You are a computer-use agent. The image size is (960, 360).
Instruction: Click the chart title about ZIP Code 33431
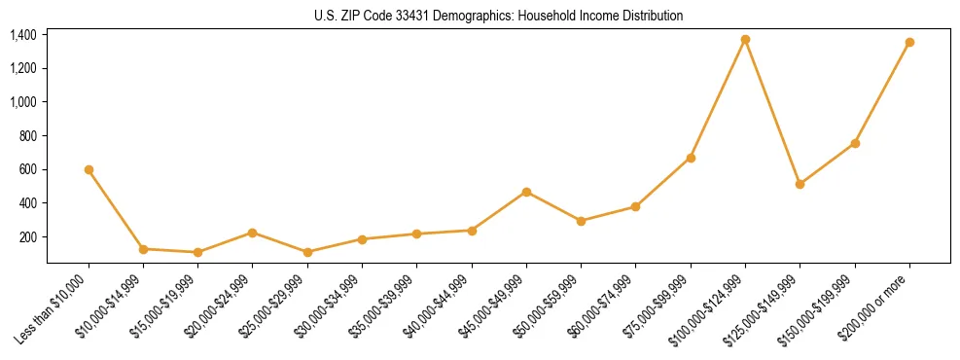click(x=499, y=16)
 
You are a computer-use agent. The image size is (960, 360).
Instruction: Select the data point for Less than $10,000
click(x=89, y=169)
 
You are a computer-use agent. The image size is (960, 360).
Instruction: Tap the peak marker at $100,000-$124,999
click(x=745, y=40)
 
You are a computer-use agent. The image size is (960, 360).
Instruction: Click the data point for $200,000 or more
click(x=909, y=43)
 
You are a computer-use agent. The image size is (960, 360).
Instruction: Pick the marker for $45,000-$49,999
click(x=526, y=192)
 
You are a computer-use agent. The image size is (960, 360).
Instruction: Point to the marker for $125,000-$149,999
click(x=800, y=184)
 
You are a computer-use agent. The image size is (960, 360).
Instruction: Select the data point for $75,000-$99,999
click(x=691, y=158)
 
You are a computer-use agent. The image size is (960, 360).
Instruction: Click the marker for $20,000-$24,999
click(x=253, y=233)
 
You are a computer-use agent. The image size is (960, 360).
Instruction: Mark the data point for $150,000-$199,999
click(x=855, y=143)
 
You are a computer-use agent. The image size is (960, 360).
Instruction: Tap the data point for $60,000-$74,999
click(x=636, y=206)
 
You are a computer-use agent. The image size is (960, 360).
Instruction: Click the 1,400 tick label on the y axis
click(x=23, y=35)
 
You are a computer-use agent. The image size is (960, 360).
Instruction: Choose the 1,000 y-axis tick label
click(x=23, y=102)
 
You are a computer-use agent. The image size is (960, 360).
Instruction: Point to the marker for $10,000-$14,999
click(x=143, y=249)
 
